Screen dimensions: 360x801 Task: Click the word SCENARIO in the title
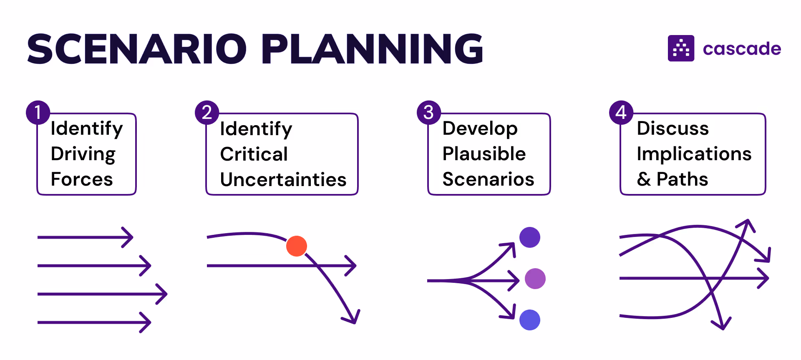(x=137, y=49)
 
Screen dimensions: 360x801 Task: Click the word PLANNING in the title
(x=372, y=49)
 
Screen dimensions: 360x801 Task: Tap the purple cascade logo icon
(x=681, y=48)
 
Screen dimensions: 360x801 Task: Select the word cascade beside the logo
(x=742, y=49)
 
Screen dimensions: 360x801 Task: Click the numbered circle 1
(x=38, y=113)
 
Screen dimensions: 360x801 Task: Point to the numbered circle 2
(x=207, y=113)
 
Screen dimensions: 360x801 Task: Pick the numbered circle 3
(x=429, y=113)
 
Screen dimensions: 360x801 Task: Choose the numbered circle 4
(x=621, y=113)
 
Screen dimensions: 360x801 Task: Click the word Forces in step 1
(x=82, y=179)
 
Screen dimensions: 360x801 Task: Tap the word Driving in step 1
(x=83, y=154)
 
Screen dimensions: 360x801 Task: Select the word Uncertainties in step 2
(x=283, y=180)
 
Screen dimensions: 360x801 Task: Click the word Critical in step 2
(x=254, y=154)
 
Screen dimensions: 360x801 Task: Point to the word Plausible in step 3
(x=484, y=154)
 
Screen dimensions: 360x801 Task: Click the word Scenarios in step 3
(x=488, y=179)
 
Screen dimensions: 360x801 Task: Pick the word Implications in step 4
(x=694, y=154)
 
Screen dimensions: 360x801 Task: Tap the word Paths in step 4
(x=683, y=179)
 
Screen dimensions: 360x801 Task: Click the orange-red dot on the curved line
(x=297, y=246)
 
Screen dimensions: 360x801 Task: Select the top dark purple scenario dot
(x=530, y=237)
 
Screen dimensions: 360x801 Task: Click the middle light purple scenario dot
(x=535, y=279)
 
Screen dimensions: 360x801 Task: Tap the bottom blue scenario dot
(x=530, y=320)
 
